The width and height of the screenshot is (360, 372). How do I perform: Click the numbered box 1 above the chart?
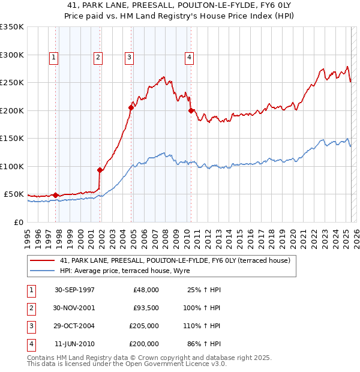tap(54, 58)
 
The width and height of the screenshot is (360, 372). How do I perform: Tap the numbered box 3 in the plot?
tap(129, 58)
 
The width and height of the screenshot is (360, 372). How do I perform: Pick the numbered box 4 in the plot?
tap(189, 58)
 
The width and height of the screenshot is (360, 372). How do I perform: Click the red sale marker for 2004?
tap(131, 108)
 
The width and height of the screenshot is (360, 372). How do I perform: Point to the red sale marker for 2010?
tap(191, 110)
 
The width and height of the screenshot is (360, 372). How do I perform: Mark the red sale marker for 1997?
tap(56, 195)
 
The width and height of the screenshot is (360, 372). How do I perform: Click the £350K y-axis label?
tap(12, 27)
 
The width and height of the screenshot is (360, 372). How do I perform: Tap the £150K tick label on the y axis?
tap(12, 138)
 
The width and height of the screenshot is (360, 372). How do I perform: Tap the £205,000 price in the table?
tap(144, 326)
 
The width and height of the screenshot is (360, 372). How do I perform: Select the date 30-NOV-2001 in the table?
tap(74, 308)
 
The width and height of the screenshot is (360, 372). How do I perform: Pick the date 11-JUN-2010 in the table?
tap(74, 344)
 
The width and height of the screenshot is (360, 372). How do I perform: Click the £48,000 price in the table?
tap(146, 290)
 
